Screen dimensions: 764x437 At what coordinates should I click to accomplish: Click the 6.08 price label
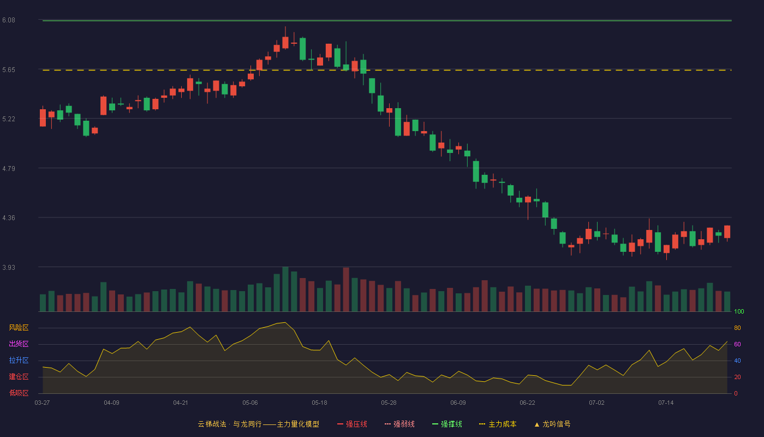9,20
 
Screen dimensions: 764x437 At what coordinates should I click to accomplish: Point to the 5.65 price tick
9,70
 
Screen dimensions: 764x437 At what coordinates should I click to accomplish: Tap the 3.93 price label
9,267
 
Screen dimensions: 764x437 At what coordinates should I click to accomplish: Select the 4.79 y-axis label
9,168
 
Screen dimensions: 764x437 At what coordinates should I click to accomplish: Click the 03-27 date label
43,403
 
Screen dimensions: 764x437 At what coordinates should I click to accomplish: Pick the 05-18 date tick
319,403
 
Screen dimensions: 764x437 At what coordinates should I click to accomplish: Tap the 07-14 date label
666,403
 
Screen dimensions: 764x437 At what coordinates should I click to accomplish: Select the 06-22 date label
527,403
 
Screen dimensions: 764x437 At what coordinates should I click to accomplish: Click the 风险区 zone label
19,328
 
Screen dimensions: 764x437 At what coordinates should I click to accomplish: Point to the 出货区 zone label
19,344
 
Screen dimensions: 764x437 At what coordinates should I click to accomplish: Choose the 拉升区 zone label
19,360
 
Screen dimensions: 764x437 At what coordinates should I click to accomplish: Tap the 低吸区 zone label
19,393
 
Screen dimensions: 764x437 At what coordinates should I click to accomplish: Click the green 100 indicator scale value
739,311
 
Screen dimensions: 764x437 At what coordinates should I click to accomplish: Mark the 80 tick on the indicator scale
737,328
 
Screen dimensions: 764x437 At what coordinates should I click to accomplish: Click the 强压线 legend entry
353,424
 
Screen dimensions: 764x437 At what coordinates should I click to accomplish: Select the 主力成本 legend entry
498,424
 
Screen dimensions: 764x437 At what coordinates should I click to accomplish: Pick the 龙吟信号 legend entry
552,424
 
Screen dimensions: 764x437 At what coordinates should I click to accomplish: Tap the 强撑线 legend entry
447,424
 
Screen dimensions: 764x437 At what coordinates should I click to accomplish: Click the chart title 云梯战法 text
212,424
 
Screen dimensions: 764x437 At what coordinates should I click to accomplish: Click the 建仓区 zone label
19,376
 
